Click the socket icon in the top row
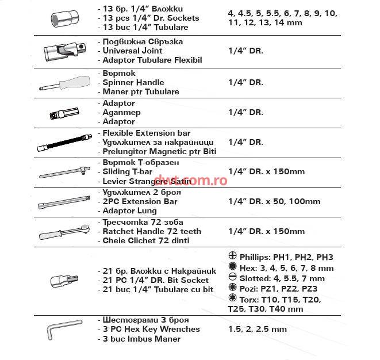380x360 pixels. click(x=64, y=17)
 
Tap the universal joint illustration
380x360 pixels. click(x=64, y=52)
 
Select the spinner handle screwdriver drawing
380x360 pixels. click(x=64, y=83)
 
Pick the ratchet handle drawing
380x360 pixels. click(x=64, y=231)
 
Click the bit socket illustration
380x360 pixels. click(x=64, y=282)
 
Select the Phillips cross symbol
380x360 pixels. click(x=233, y=257)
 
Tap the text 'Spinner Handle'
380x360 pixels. click(x=133, y=82)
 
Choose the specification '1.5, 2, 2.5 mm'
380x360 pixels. click(x=257, y=329)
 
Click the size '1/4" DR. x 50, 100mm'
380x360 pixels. click(x=274, y=201)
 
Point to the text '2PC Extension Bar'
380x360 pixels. click(x=140, y=201)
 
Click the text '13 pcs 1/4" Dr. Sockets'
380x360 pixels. click(x=151, y=18)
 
